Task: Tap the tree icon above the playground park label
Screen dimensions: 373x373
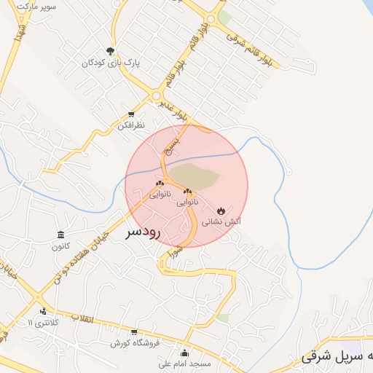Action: pyautogui.click(x=110, y=51)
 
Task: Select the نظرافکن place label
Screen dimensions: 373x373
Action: pyautogui.click(x=131, y=125)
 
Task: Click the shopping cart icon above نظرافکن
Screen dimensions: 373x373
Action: pyautogui.click(x=131, y=114)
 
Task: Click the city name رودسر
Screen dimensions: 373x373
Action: pyautogui.click(x=143, y=232)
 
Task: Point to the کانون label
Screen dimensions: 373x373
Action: pyautogui.click(x=60, y=246)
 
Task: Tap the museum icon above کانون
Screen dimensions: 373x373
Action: pyautogui.click(x=60, y=235)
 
